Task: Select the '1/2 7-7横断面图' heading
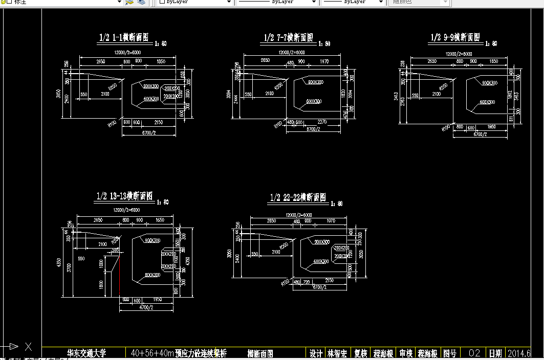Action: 288,38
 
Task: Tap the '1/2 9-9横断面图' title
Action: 455,37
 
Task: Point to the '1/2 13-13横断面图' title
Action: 125,196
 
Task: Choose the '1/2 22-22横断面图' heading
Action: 298,197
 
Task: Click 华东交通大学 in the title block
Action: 86,353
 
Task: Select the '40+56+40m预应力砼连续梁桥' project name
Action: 179,353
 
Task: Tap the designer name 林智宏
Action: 337,353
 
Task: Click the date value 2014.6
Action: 518,353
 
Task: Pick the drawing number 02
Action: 474,353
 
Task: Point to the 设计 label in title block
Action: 316,353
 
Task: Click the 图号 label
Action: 449,353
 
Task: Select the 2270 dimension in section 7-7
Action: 322,122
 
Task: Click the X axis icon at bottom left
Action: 28,347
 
